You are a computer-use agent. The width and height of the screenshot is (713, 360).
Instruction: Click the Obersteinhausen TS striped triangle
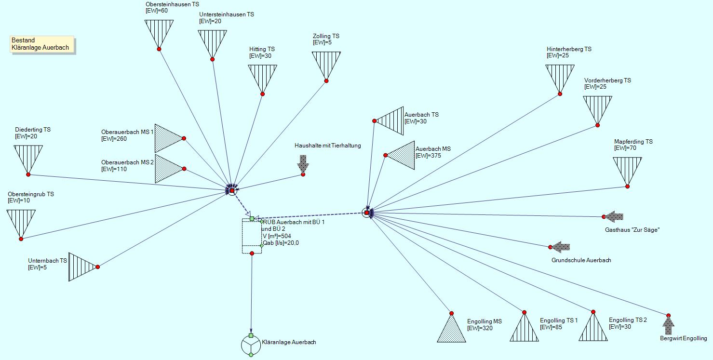click(159, 32)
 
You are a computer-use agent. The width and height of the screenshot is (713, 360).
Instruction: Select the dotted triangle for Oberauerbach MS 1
click(167, 138)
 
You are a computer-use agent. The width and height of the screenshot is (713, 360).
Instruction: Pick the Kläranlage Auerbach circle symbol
click(251, 345)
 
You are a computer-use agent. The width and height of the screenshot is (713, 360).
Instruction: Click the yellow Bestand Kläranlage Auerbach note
click(42, 44)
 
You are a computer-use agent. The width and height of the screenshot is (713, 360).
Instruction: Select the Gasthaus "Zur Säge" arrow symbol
click(614, 216)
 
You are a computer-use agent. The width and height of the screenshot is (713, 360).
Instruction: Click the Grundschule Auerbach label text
click(581, 260)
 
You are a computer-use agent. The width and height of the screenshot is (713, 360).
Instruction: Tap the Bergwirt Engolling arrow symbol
click(669, 325)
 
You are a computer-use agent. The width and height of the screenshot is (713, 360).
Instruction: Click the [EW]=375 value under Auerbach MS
click(428, 156)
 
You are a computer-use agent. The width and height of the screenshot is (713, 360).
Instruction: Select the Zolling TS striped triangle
click(326, 64)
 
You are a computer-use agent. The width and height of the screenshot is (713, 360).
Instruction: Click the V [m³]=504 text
click(277, 236)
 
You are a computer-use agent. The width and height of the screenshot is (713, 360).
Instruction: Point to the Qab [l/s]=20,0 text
click(281, 243)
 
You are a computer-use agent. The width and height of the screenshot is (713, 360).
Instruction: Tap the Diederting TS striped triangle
click(28, 157)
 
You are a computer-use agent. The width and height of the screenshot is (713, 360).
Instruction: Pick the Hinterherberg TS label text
click(569, 49)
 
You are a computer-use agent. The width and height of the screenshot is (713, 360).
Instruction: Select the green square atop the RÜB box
click(252, 218)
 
